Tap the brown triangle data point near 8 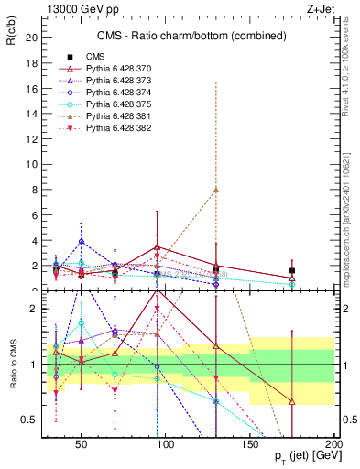215,189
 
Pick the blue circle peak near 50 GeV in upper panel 82,242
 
